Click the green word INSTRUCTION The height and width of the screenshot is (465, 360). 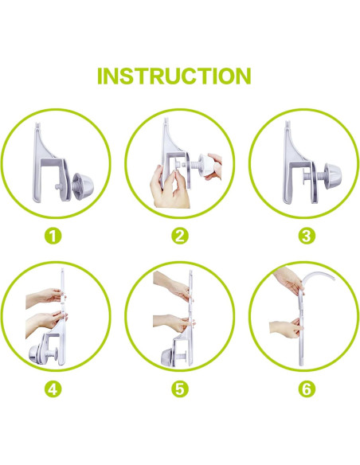[x=174, y=76]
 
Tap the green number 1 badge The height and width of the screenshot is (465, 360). [x=53, y=236]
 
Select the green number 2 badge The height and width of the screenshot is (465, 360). [x=180, y=236]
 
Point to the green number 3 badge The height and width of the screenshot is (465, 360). [x=307, y=236]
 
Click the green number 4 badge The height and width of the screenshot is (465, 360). [x=53, y=389]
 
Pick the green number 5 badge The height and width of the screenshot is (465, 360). [x=180, y=389]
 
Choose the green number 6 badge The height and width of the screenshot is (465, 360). [x=307, y=389]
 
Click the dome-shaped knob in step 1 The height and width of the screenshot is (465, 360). [x=84, y=184]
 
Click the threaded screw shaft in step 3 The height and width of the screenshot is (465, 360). [x=319, y=177]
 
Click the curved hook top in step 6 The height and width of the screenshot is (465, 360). [x=318, y=276]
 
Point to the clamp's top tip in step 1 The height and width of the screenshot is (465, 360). [x=37, y=123]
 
